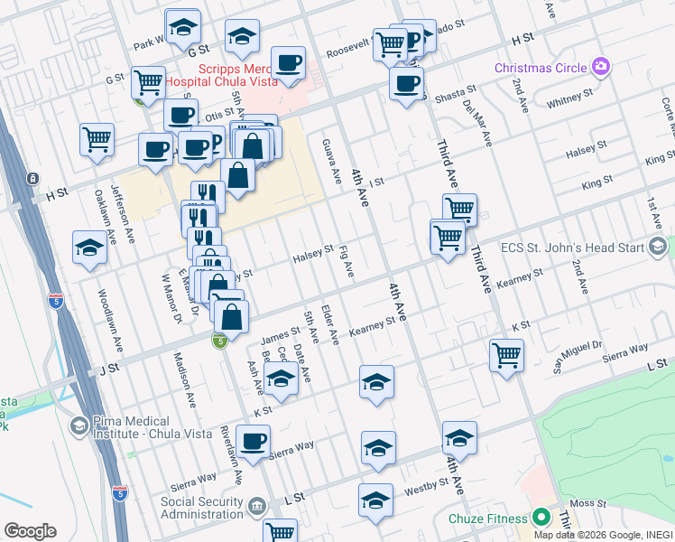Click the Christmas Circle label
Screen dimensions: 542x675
point(540,69)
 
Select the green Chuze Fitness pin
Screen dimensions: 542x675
point(541,518)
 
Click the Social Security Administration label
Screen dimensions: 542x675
point(203,508)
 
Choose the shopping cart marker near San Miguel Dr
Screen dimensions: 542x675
point(507,354)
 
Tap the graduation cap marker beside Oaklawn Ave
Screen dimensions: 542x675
point(90,248)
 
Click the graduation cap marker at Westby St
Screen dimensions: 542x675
point(375,500)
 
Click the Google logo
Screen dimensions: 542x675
point(30,530)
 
